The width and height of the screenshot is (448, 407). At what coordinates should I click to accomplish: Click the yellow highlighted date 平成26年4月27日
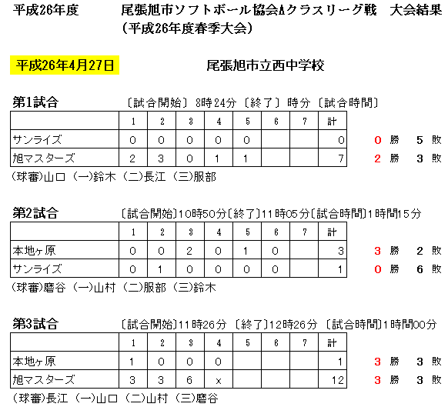pyautogui.click(x=65, y=65)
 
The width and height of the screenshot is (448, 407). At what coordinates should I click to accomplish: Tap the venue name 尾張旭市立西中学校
pyautogui.click(x=266, y=65)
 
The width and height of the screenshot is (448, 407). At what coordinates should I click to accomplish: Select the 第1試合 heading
pyautogui.click(x=35, y=102)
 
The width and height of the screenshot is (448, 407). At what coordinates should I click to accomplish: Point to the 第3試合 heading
pyautogui.click(x=35, y=324)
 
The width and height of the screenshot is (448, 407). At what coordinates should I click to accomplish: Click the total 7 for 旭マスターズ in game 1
pyautogui.click(x=341, y=158)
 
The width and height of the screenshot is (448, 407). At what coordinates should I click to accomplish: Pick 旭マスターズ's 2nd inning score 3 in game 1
pyautogui.click(x=161, y=158)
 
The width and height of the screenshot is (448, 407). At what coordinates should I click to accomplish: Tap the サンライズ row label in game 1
pyautogui.click(x=37, y=140)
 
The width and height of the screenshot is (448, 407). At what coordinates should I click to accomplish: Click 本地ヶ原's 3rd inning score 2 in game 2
pyautogui.click(x=189, y=251)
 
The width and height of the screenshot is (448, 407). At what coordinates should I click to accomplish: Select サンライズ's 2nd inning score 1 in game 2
pyautogui.click(x=160, y=269)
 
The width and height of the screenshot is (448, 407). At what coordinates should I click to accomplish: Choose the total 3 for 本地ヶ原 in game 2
pyautogui.click(x=341, y=251)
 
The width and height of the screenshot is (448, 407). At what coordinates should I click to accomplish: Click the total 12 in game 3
pyautogui.click(x=338, y=380)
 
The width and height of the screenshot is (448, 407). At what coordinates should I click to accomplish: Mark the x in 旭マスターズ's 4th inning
pyautogui.click(x=219, y=381)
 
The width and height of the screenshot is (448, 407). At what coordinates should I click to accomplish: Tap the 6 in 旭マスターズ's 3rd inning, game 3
pyautogui.click(x=189, y=380)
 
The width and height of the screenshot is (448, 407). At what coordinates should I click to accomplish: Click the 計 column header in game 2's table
pyautogui.click(x=332, y=232)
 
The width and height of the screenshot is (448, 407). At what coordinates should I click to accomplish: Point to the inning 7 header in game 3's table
pyautogui.click(x=305, y=342)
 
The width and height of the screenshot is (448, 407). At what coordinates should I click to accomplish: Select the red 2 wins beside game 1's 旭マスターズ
pyautogui.click(x=377, y=158)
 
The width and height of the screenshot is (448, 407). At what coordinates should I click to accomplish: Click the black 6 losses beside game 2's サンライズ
pyautogui.click(x=420, y=269)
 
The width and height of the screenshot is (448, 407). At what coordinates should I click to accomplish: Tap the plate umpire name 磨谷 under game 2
pyautogui.click(x=55, y=287)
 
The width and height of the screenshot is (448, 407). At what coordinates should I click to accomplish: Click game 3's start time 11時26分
pyautogui.click(x=202, y=324)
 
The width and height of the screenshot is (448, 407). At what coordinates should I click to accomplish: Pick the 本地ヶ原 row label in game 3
pyautogui.click(x=34, y=362)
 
